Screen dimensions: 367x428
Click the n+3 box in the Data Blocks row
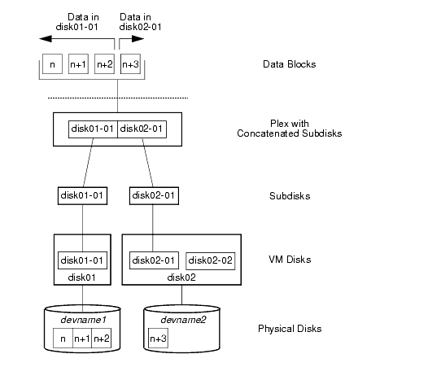(129, 64)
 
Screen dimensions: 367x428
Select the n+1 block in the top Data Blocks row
(78, 64)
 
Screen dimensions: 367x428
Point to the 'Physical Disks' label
(289, 329)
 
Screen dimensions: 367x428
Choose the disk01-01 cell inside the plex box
(92, 129)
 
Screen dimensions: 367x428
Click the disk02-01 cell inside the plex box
(142, 129)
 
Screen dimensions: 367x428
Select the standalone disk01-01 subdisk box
(82, 195)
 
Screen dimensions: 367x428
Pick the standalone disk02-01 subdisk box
(154, 195)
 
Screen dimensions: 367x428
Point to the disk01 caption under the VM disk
(82, 276)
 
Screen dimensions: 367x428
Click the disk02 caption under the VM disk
(181, 276)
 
